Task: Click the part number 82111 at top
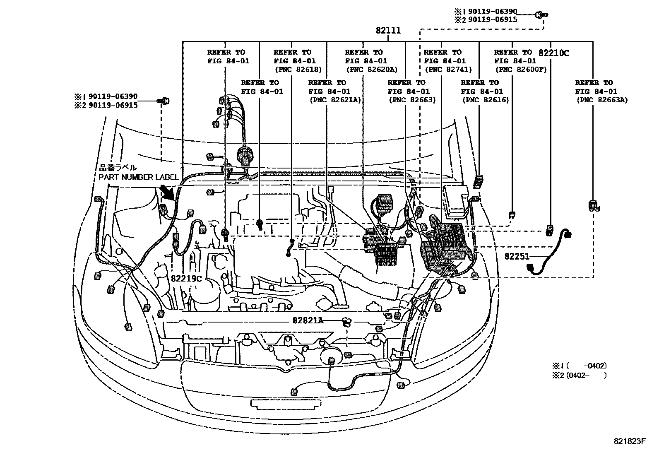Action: point(388,31)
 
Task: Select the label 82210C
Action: point(554,53)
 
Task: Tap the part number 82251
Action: point(517,256)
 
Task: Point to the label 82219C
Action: point(186,279)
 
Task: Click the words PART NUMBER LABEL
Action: point(138,177)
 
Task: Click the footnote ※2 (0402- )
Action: point(579,376)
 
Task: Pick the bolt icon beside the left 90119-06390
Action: point(164,101)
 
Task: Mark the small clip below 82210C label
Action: point(550,230)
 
